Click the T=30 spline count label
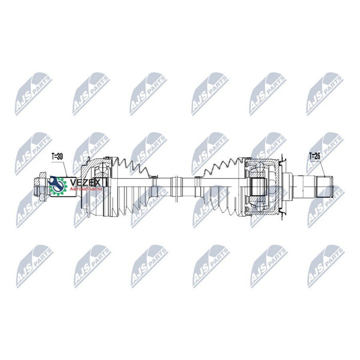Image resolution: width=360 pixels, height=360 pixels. [x=56, y=157]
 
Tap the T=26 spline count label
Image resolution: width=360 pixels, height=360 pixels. [x=314, y=156]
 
